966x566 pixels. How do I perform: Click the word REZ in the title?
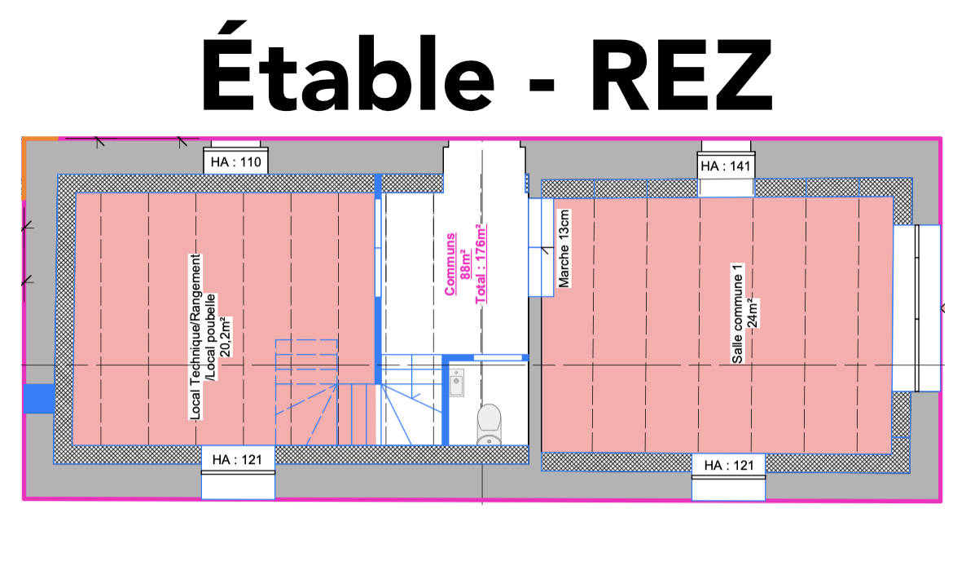pos(682,74)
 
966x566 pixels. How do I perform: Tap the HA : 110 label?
pos(236,162)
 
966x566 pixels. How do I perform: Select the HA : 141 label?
pos(726,166)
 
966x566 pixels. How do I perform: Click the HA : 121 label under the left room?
pos(237,460)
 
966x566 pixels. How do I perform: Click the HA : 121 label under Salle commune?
pos(729,466)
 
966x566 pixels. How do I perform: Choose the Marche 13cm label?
pos(564,249)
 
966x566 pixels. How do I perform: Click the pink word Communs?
pos(450,264)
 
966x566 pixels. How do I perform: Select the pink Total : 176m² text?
pos(481,264)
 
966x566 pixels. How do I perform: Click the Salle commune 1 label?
pos(737,314)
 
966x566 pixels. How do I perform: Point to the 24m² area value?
pos(752,314)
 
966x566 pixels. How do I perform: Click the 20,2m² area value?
pos(226,338)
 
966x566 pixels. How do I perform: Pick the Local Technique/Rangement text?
pos(195,337)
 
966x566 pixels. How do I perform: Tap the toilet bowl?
pos(490,424)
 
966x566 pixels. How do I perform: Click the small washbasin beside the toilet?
pos(456,382)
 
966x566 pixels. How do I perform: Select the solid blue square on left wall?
pos(39,398)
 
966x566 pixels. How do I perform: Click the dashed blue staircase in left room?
pos(306,392)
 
